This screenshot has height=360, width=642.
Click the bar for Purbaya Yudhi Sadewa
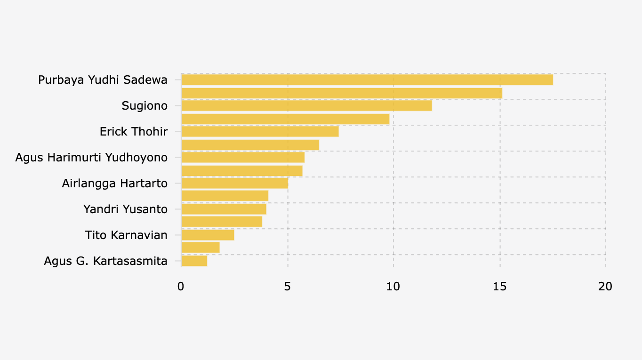click(367, 80)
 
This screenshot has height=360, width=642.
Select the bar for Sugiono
click(306, 106)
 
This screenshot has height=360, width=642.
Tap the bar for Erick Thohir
click(260, 132)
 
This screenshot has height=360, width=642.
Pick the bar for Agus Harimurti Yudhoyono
click(243, 158)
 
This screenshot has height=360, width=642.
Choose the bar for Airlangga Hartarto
click(234, 183)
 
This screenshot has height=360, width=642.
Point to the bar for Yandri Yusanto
click(224, 209)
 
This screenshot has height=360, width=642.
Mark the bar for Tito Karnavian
click(208, 235)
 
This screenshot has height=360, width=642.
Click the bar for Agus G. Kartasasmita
click(194, 261)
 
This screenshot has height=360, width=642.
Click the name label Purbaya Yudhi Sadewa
click(103, 80)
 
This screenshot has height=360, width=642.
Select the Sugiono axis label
click(144, 106)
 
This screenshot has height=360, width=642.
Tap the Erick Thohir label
click(134, 132)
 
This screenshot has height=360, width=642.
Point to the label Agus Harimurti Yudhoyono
click(91, 158)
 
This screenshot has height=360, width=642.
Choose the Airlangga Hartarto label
click(114, 183)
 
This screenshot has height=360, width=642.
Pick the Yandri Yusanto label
click(125, 209)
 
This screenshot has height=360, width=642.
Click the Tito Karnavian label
click(126, 235)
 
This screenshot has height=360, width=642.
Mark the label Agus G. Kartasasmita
click(105, 261)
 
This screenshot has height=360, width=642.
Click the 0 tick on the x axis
click(181, 286)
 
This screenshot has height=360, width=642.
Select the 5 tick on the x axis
click(287, 286)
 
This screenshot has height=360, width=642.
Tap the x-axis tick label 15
click(499, 286)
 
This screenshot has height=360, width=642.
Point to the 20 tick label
click(605, 286)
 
